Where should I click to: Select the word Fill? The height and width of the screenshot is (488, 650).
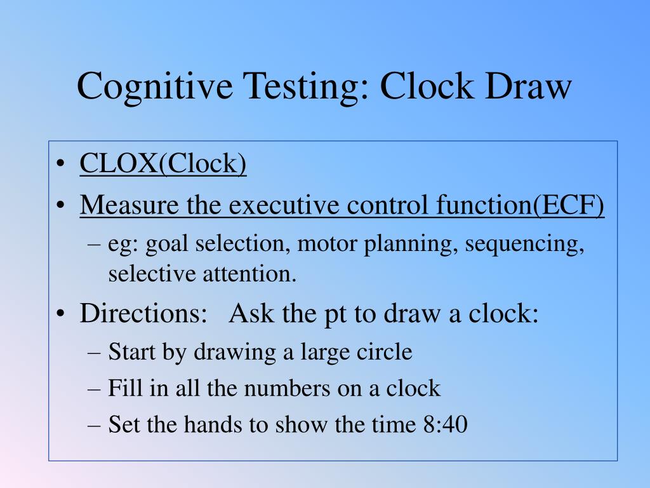[x=121, y=388]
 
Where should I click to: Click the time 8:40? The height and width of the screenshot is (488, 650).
[x=444, y=424]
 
